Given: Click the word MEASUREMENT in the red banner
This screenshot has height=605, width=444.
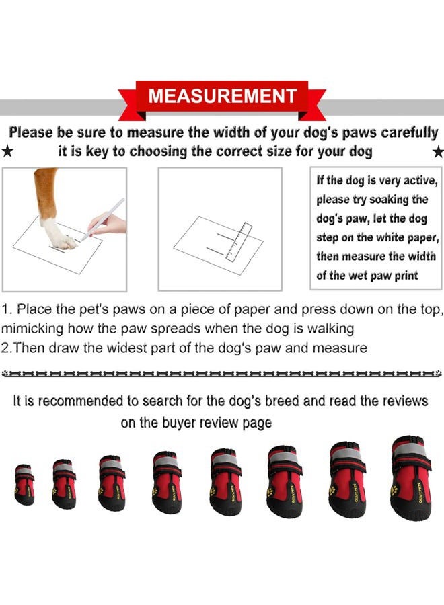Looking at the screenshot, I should pos(222,95).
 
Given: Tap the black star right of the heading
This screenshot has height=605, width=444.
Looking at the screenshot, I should pos(438,152).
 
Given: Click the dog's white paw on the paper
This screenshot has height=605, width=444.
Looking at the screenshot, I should pos(59,235).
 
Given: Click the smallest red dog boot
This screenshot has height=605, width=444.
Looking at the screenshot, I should pos(24,485).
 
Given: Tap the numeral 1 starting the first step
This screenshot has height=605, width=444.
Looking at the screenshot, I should pos(5,310).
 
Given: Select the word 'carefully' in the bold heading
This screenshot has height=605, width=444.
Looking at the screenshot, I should pos(406,133).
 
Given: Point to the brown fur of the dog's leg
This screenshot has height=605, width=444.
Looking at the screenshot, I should pos(46,192).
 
